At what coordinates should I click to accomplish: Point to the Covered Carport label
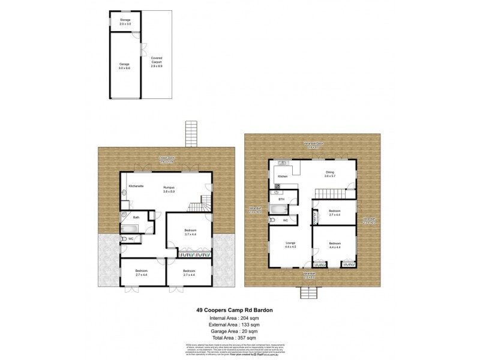pyautogui.click(x=157, y=60)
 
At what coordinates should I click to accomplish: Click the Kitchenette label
pyautogui.click(x=137, y=187)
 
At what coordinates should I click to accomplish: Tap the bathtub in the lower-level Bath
pyautogui.click(x=130, y=228)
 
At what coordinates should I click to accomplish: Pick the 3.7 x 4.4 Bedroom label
pyautogui.click(x=190, y=232)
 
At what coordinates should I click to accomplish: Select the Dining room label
pyautogui.click(x=329, y=173)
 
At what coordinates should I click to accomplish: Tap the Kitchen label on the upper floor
pyautogui.click(x=282, y=176)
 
